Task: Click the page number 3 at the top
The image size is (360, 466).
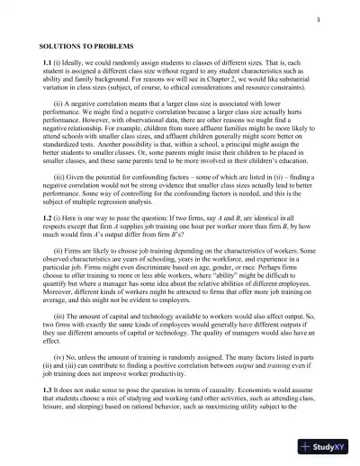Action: click(319, 21)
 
